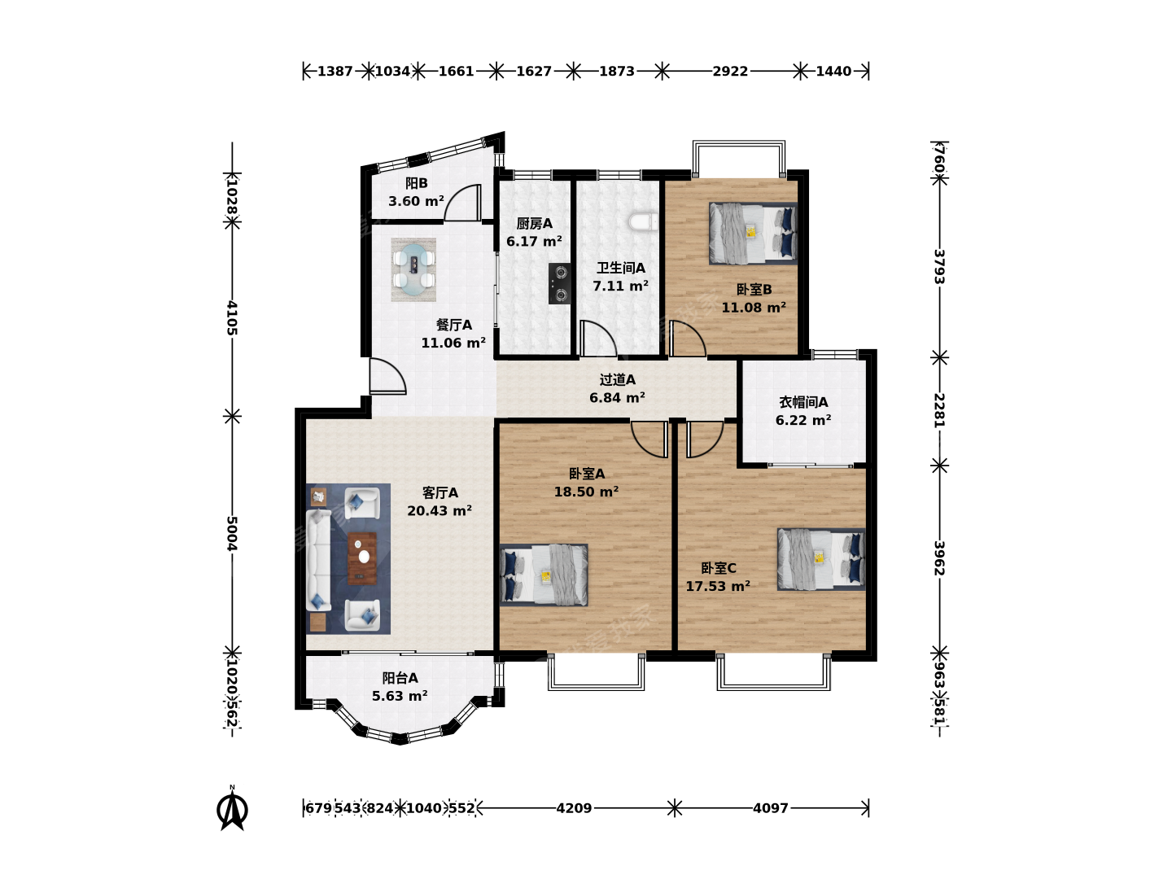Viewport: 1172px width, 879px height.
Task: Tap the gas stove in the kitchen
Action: tap(559, 283)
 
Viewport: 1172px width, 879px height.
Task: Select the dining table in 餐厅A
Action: tap(413, 269)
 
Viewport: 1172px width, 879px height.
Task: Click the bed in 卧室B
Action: tap(753, 234)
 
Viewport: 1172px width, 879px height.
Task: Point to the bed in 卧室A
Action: tap(544, 575)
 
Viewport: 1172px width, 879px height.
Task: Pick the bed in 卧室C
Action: tap(821, 559)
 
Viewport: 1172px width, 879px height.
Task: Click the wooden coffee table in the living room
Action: tap(362, 558)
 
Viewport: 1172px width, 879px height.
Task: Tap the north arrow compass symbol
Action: tap(232, 809)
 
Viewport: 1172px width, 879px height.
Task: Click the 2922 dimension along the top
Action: tap(730, 71)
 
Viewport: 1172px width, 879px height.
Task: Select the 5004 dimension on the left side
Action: tap(232, 533)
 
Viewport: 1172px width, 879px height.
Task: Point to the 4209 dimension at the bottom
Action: tap(574, 808)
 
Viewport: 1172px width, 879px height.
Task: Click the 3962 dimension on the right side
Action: tap(939, 558)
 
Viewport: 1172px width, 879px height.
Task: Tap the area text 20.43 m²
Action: tap(439, 511)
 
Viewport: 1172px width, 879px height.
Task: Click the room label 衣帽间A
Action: tap(803, 402)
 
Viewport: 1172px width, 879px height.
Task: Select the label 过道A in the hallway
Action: tap(617, 379)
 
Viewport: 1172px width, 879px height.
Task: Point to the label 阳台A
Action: tap(400, 678)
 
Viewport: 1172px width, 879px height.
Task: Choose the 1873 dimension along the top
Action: tap(617, 71)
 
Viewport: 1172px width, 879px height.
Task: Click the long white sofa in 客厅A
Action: tap(318, 559)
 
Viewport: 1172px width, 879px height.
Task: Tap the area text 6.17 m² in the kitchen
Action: tap(534, 241)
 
